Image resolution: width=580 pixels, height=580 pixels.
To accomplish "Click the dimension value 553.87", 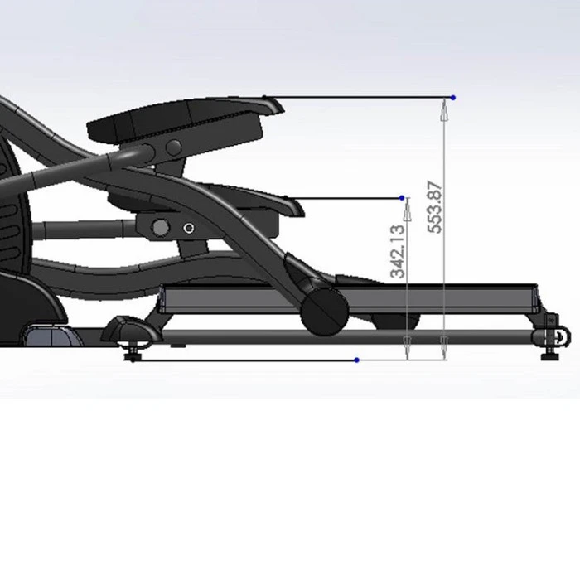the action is (435, 207).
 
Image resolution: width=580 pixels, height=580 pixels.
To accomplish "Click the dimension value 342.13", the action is (398, 251).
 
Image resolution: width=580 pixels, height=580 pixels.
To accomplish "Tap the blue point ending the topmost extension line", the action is (453, 98).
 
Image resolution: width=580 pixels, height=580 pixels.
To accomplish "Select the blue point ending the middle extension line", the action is (402, 198).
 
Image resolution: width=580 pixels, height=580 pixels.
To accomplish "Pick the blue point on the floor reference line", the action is (356, 360).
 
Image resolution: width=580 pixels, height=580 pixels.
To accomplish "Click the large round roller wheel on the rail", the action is (325, 312).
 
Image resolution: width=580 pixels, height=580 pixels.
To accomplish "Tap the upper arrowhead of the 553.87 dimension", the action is (444, 110).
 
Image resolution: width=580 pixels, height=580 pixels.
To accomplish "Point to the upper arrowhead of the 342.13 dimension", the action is (408, 210).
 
